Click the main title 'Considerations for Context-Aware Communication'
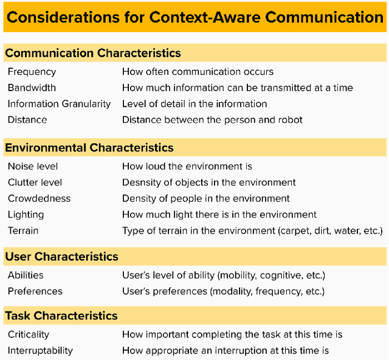(194, 16)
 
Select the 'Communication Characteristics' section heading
(93, 54)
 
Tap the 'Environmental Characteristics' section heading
(89, 148)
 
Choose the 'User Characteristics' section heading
(62, 257)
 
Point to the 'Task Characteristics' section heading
(61, 316)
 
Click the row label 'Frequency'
(32, 72)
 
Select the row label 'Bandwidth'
(32, 88)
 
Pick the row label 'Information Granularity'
(59, 104)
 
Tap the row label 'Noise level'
(33, 166)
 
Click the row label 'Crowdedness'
(39, 198)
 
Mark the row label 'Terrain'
(23, 230)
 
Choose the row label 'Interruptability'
(40, 350)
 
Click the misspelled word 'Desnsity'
(140, 182)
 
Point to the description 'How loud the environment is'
(187, 166)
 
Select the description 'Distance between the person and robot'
(212, 120)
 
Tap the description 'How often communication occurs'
(198, 72)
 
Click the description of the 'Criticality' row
(232, 334)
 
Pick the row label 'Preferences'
(35, 291)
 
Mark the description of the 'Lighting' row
(219, 215)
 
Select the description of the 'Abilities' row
(224, 275)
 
